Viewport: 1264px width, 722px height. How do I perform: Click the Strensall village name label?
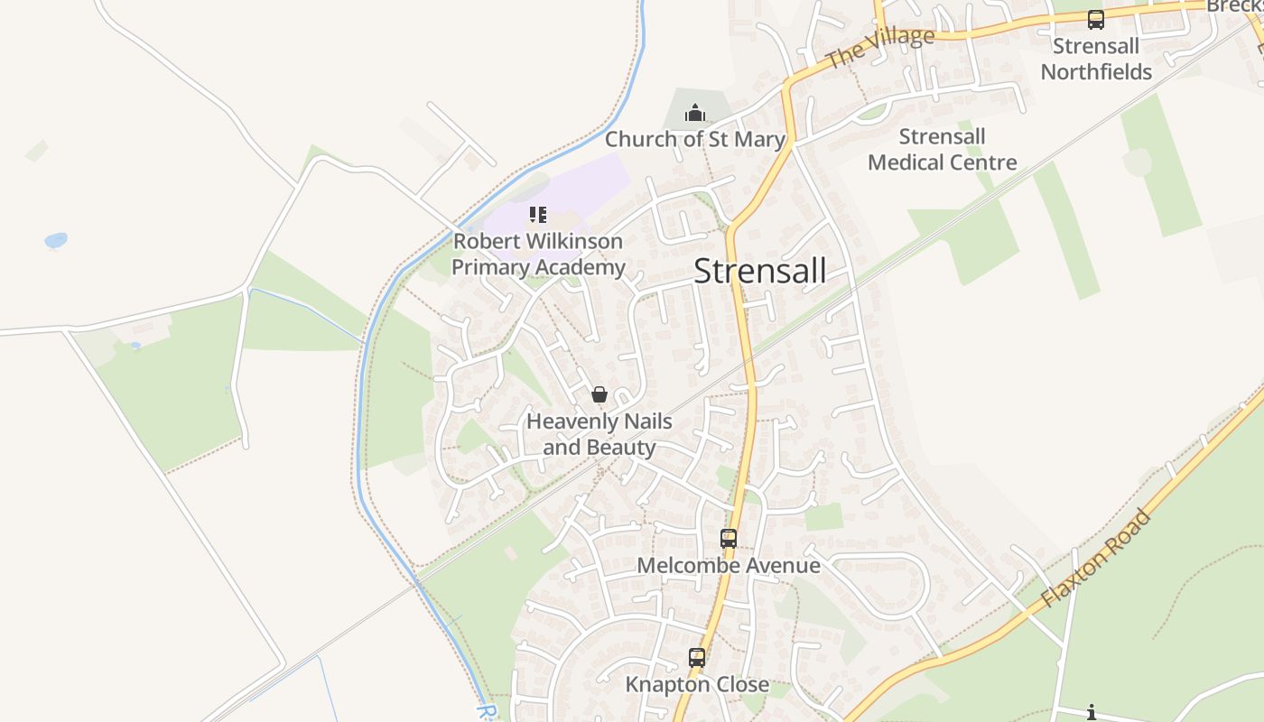click(x=759, y=271)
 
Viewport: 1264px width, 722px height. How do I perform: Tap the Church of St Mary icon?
click(x=694, y=113)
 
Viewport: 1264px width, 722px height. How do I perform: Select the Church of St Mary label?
click(x=694, y=139)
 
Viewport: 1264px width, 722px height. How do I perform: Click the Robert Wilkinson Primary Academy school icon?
click(x=538, y=215)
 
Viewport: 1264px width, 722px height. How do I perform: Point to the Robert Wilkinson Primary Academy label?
click(x=538, y=255)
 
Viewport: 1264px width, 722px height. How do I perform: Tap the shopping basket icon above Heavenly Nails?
click(x=599, y=394)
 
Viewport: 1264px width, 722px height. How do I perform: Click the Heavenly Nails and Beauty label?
click(x=599, y=434)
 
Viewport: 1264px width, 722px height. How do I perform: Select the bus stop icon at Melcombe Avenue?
click(x=729, y=539)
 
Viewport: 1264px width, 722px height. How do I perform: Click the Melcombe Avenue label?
click(x=729, y=566)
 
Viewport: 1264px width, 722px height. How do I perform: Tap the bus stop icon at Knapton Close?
click(x=697, y=658)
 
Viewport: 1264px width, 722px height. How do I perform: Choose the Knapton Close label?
click(x=697, y=685)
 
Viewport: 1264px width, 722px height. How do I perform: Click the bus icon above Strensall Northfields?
click(x=1096, y=19)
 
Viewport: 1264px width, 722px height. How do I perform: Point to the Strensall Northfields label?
click(x=1096, y=59)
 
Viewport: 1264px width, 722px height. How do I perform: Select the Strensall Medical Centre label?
click(x=943, y=150)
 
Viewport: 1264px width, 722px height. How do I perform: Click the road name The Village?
click(x=879, y=48)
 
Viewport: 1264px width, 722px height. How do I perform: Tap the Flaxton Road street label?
click(x=1096, y=558)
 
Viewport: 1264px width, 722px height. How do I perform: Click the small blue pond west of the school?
click(x=56, y=240)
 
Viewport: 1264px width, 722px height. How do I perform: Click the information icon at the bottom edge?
click(x=1092, y=713)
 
